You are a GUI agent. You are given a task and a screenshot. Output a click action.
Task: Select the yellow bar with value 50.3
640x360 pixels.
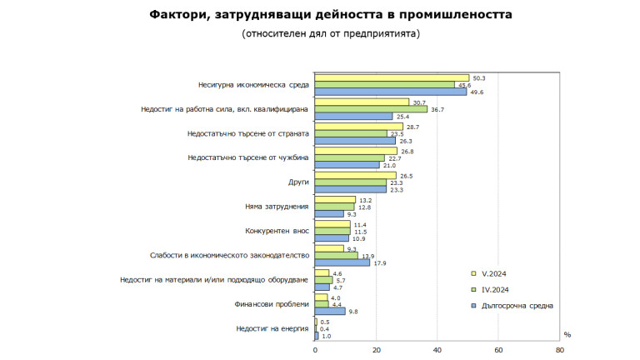(x=392, y=77)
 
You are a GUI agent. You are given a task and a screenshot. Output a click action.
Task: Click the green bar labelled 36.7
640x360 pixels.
(x=371, y=109)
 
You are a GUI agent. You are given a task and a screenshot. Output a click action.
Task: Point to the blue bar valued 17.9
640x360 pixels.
(x=342, y=262)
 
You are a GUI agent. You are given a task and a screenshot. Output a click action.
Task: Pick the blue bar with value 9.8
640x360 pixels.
(x=330, y=311)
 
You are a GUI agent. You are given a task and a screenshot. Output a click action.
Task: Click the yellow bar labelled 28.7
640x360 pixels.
(x=358, y=126)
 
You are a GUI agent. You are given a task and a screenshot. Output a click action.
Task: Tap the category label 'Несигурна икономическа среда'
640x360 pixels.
(x=254, y=85)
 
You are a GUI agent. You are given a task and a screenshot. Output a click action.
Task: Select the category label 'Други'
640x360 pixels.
(x=298, y=182)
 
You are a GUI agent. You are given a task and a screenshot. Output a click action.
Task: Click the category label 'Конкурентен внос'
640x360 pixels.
(x=277, y=230)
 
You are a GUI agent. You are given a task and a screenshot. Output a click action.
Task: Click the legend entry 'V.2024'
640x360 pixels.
(x=497, y=273)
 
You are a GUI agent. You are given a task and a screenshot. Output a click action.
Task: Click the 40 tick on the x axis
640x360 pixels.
(x=437, y=350)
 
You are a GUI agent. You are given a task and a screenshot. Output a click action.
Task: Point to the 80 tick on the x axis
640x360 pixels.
(x=560, y=350)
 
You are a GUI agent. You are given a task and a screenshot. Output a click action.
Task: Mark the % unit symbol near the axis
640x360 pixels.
(x=567, y=334)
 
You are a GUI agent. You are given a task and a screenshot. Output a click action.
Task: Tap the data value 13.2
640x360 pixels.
(x=366, y=199)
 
